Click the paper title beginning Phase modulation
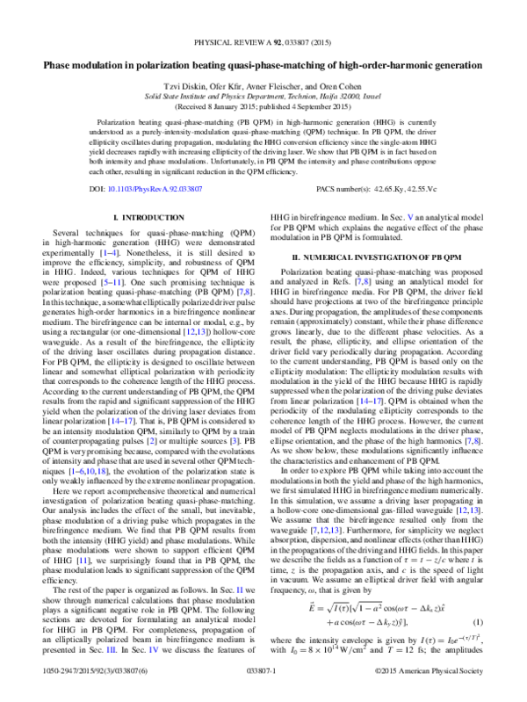tap(263, 64)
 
